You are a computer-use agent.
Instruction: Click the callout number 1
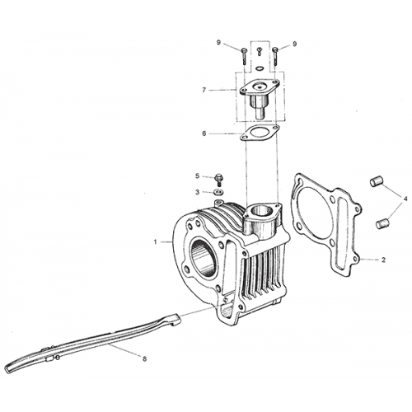tap(155, 242)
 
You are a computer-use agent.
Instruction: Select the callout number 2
tap(383, 260)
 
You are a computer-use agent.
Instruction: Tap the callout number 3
tap(197, 192)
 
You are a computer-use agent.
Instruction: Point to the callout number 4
tap(405, 199)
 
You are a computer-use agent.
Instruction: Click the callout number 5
tap(197, 176)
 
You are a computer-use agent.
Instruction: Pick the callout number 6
tap(204, 133)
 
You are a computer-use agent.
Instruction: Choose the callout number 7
tap(204, 90)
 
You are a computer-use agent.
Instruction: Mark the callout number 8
tap(144, 358)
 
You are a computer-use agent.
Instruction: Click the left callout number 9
tap(218, 43)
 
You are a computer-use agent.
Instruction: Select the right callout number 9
tap(295, 44)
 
